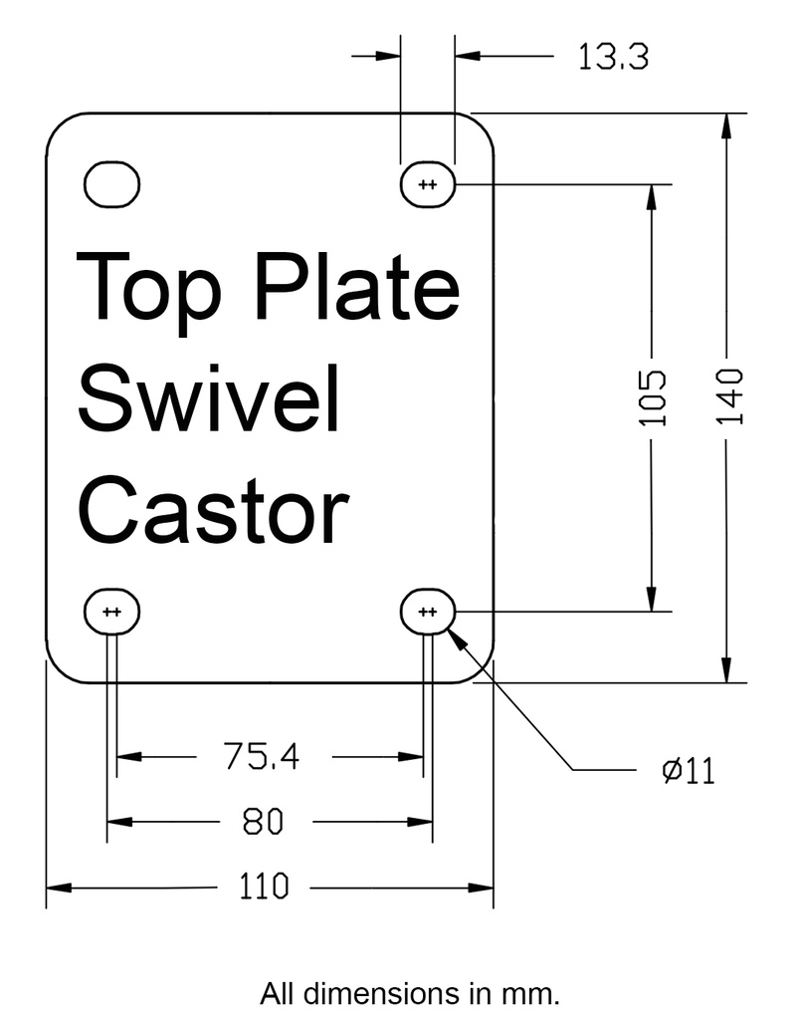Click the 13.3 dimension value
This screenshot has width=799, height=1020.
point(614,57)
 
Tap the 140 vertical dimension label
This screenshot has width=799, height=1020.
point(729,396)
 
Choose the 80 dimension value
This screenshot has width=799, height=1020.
point(263,822)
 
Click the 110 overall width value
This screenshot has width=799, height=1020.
point(263,886)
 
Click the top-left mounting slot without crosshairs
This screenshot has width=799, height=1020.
point(111,184)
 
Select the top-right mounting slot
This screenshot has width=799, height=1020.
point(428,184)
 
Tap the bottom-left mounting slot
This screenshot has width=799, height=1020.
point(111,612)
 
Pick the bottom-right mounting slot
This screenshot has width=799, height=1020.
point(428,612)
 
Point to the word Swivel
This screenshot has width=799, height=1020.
point(209,397)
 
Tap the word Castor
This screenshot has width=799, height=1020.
point(213,508)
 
